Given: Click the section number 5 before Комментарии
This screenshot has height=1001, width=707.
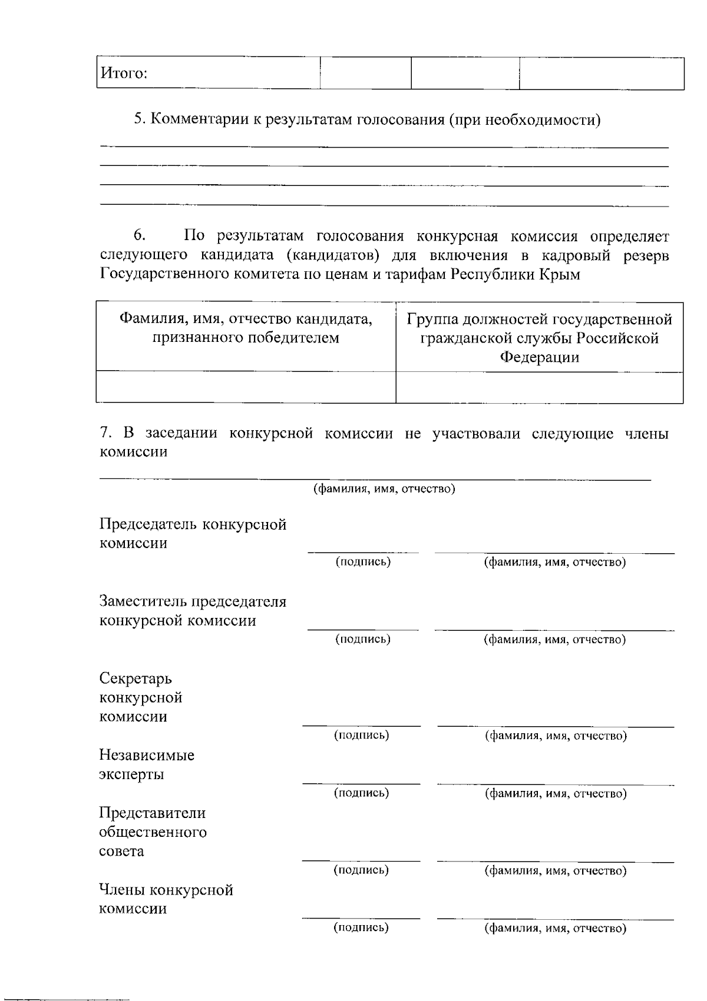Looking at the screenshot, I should click(138, 120).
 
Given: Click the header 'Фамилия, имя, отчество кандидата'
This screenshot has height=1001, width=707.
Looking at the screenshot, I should click(246, 320).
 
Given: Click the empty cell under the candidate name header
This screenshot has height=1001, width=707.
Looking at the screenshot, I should click(246, 387).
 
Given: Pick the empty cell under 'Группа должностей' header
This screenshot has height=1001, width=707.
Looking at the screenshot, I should click(539, 387).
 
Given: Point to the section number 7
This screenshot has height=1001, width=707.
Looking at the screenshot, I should click(105, 434).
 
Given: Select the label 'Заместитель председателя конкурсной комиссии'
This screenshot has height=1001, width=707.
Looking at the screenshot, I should click(193, 611).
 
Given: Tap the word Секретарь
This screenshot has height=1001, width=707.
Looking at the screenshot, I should click(136, 679).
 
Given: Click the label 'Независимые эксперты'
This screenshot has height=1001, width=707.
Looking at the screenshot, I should click(147, 764).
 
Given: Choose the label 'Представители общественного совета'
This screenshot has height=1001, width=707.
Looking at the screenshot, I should click(153, 832).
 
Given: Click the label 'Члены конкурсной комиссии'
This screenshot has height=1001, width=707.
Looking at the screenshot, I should click(166, 899).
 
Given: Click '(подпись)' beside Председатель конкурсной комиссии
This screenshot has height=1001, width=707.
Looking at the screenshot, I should click(363, 562).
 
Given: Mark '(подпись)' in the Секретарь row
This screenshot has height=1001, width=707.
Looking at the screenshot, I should click(361, 735).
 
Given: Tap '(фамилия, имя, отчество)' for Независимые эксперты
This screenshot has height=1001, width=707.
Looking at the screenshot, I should click(555, 794).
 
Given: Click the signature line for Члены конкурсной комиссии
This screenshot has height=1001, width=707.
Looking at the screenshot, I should click(361, 917).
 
